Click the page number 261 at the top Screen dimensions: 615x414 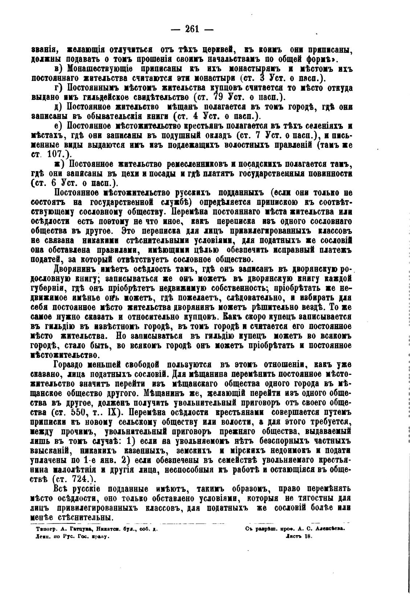tap(192, 29)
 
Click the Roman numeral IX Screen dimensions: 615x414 tap(110, 413)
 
